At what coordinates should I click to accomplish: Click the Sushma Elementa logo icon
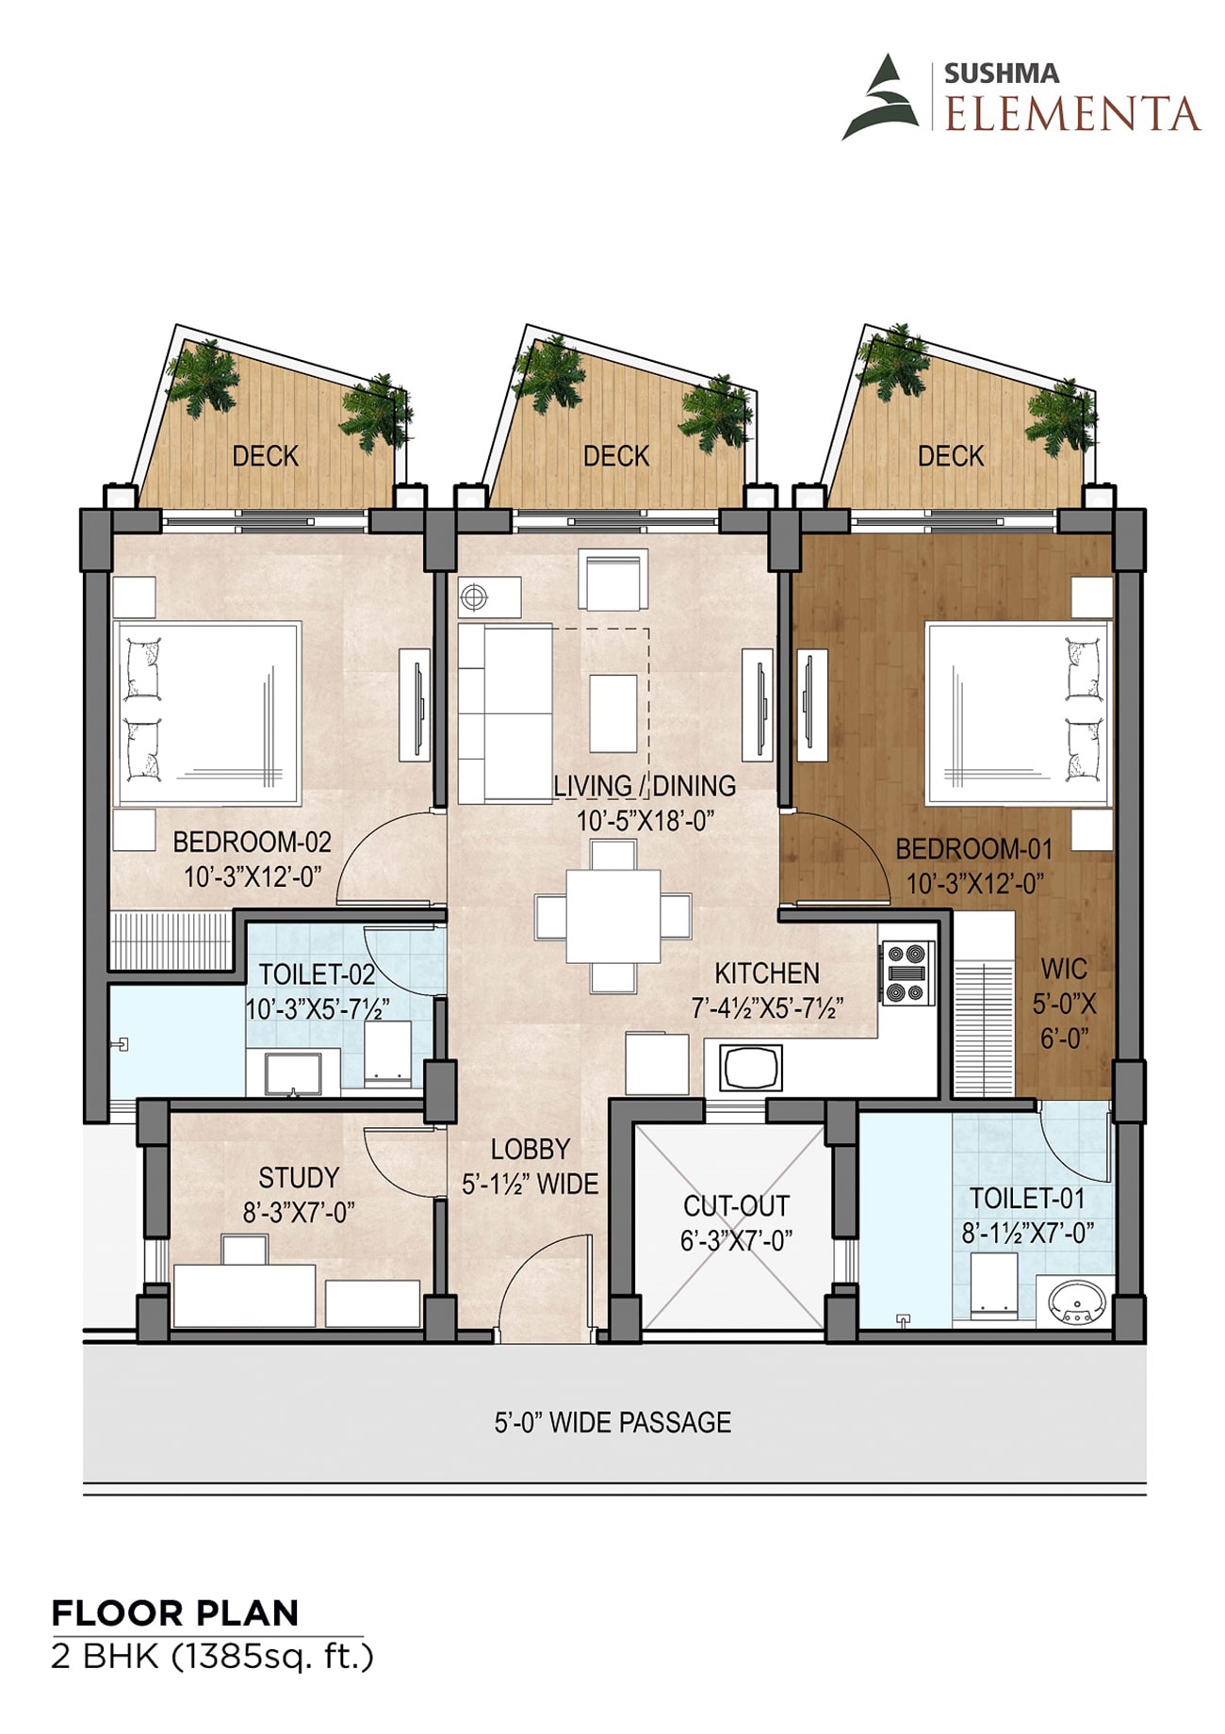coord(880,97)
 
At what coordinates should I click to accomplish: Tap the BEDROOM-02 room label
coord(252,842)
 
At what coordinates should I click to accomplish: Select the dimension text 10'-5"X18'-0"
coord(645,821)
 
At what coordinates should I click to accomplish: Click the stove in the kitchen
coord(907,973)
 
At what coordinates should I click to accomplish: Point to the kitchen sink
coord(751,1069)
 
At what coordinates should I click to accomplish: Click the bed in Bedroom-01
coord(1018,712)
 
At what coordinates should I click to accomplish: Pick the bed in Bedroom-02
coord(207,712)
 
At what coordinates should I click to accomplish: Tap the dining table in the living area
coord(613,916)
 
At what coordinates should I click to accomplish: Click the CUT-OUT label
coord(736,1206)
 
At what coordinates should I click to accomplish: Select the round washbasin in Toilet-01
coord(1076,1302)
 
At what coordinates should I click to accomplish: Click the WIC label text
coord(1064,969)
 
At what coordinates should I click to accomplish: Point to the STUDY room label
coord(299,1178)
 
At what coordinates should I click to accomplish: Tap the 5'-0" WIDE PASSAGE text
coord(613,1422)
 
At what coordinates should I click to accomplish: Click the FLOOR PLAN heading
coord(175,1613)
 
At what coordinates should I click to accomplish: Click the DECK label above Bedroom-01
coord(951,456)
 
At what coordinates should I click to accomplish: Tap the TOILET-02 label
coord(317,974)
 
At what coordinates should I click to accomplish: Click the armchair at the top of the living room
coord(613,581)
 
